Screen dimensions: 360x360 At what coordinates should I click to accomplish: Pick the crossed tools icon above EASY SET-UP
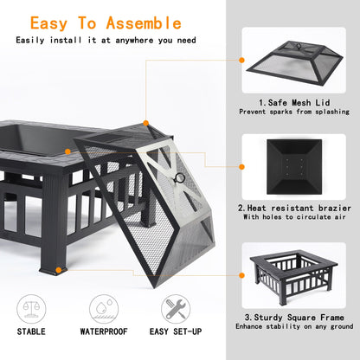(x=176, y=307)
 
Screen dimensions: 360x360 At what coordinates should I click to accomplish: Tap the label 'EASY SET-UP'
(x=176, y=331)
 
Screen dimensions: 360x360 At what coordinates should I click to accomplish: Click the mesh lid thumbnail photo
(x=297, y=63)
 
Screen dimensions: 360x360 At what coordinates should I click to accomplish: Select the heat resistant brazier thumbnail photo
(x=297, y=165)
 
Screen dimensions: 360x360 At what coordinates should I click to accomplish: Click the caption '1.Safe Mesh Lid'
(x=297, y=100)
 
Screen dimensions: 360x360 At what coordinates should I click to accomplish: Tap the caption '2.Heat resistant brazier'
(x=297, y=207)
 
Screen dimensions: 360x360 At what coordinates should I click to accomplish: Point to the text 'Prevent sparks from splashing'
(x=297, y=112)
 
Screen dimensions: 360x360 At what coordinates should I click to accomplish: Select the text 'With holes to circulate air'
(x=297, y=217)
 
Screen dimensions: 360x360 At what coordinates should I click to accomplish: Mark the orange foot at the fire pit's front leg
(x=58, y=270)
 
